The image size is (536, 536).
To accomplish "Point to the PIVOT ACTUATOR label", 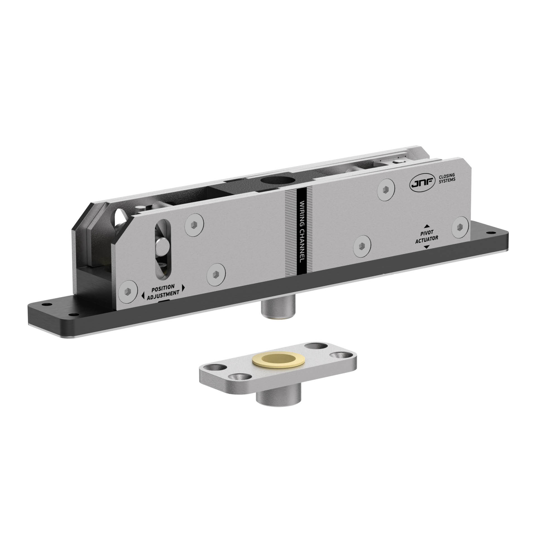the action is click(426, 236).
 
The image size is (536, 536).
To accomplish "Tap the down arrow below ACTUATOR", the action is click(426, 247).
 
